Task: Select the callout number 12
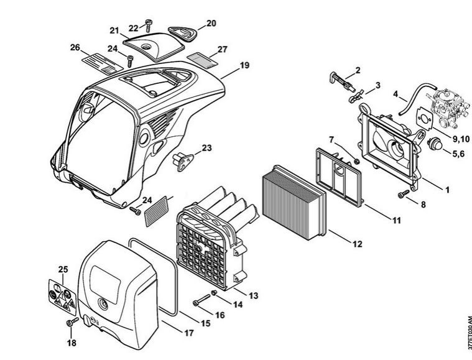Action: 356,244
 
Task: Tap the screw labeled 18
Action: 70,323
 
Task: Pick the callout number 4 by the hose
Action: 396,95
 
